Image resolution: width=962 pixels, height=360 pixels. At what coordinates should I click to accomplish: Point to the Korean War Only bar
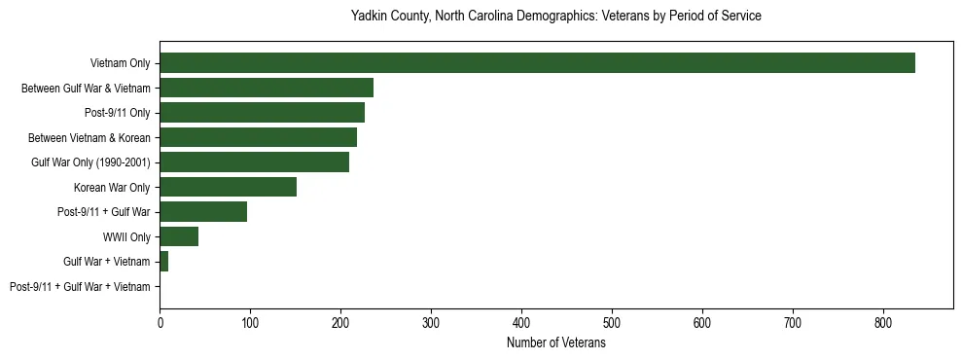(x=228, y=187)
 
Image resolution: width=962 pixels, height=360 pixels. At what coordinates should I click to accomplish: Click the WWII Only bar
(x=179, y=236)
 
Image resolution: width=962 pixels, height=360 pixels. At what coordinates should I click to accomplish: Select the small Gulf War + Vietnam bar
(x=164, y=262)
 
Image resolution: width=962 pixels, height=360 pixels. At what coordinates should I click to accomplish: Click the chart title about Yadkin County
(x=555, y=17)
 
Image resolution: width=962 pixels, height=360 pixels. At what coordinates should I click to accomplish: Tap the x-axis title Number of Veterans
(x=555, y=343)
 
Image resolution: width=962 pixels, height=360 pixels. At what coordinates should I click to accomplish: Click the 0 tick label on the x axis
(x=160, y=324)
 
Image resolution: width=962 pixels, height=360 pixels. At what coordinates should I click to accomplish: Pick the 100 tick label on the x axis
(x=250, y=324)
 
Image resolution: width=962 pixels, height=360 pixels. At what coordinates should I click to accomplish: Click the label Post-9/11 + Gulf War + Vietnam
(x=80, y=287)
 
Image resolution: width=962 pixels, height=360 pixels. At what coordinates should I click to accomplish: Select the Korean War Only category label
(x=112, y=188)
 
